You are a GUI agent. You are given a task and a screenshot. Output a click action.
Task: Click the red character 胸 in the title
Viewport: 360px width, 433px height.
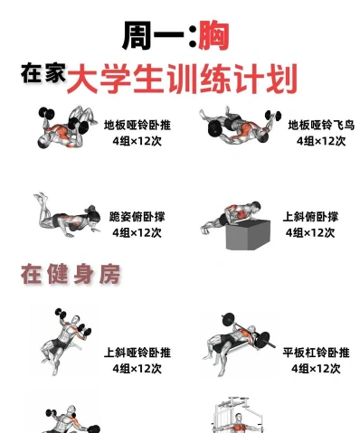click(x=213, y=35)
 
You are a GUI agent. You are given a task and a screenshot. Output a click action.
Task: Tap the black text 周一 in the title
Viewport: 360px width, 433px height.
click(x=153, y=35)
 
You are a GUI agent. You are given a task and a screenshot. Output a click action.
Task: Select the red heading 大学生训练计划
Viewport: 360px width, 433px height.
click(x=182, y=79)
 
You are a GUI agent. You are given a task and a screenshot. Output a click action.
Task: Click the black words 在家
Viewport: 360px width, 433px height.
click(x=43, y=73)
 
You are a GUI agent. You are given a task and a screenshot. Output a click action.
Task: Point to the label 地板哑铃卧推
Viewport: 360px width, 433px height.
click(x=137, y=125)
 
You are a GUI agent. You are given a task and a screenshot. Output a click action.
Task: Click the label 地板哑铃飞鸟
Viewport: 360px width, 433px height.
click(x=321, y=125)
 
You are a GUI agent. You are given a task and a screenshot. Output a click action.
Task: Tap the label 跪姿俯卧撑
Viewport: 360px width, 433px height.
click(x=137, y=217)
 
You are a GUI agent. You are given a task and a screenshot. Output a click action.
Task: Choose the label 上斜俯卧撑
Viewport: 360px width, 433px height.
click(x=310, y=217)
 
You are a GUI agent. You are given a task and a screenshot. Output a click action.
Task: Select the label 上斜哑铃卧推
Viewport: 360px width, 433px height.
click(x=137, y=353)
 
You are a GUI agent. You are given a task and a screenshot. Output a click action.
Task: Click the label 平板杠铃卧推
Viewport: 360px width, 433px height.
click(x=316, y=353)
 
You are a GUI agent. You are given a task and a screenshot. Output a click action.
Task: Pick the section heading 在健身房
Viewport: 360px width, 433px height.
click(x=71, y=274)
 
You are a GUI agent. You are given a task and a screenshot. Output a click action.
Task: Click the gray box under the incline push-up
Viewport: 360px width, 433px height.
click(x=248, y=235)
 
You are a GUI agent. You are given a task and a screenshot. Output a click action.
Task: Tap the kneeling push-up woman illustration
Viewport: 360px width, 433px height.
click(x=67, y=215)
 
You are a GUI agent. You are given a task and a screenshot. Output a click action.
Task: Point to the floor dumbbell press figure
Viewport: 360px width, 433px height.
click(x=67, y=127)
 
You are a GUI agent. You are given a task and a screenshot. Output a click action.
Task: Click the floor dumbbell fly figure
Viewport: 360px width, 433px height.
click(x=240, y=126)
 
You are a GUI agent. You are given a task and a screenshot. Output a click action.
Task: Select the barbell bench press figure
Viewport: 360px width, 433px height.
click(x=239, y=344)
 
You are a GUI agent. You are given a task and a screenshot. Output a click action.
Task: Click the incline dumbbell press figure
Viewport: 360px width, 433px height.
click(x=66, y=342)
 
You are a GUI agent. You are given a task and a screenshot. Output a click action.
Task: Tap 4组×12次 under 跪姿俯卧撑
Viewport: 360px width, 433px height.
click(x=137, y=232)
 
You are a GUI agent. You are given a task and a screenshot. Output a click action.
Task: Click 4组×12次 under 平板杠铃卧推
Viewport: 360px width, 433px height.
click(x=316, y=369)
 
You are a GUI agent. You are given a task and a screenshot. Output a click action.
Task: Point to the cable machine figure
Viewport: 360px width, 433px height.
click(x=237, y=415)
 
